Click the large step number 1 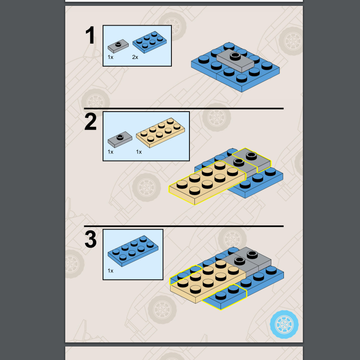(x=90, y=35)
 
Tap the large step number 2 (x=90, y=122)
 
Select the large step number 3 (x=91, y=239)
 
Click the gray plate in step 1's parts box (x=118, y=46)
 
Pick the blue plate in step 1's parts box (x=149, y=42)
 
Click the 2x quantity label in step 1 (x=135, y=57)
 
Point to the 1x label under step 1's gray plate (x=110, y=57)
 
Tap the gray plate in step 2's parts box (x=120, y=139)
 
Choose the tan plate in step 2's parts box (x=160, y=133)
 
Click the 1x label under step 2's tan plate (x=139, y=152)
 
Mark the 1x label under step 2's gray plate (x=110, y=152)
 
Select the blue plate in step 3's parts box (x=133, y=251)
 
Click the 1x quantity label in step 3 (x=110, y=271)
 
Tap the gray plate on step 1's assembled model (x=235, y=61)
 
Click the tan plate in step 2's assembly (x=207, y=183)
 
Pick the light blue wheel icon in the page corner (x=284, y=324)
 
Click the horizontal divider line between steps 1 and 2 (x=184, y=108)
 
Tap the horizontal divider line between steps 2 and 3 (x=184, y=226)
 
